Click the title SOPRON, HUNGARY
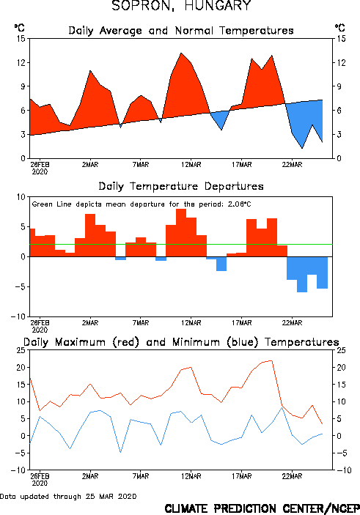click(182, 6)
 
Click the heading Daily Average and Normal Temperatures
click(181, 31)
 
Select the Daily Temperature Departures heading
click(181, 186)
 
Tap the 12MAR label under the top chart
click(191, 165)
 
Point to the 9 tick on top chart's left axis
click(23, 86)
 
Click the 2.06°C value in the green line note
click(239, 204)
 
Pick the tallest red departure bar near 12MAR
click(181, 232)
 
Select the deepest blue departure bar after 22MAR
click(302, 274)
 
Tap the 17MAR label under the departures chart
click(242, 323)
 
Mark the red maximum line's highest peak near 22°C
click(271, 360)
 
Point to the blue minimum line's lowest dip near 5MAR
click(121, 452)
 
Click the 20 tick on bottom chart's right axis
click(341, 367)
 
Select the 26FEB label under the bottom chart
click(40, 476)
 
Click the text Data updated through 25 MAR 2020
click(68, 496)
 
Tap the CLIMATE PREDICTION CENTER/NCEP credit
click(262, 508)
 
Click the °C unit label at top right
click(339, 27)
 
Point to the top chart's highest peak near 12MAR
click(181, 53)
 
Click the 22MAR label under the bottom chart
click(292, 476)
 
